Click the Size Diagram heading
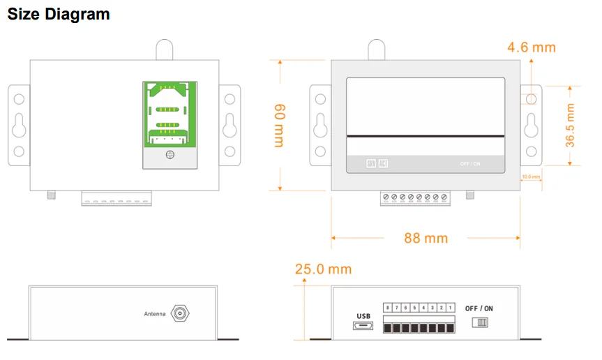click(x=59, y=14)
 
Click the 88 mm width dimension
click(x=426, y=238)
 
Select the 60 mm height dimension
click(x=279, y=125)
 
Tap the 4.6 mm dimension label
click(x=532, y=47)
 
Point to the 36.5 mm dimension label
click(x=570, y=126)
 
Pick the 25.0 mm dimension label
click(x=323, y=269)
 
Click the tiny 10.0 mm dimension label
click(x=531, y=177)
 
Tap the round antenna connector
click(x=181, y=313)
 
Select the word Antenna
click(x=154, y=314)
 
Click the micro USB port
click(x=363, y=327)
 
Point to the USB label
click(x=363, y=316)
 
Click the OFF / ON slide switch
click(x=481, y=322)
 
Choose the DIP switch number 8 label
click(x=388, y=308)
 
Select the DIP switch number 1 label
click(x=451, y=308)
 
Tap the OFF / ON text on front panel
click(x=470, y=164)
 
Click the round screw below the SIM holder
click(x=170, y=154)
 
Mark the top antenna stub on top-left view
click(x=164, y=50)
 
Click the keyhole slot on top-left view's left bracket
click(x=19, y=125)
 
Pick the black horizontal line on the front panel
click(x=426, y=135)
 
